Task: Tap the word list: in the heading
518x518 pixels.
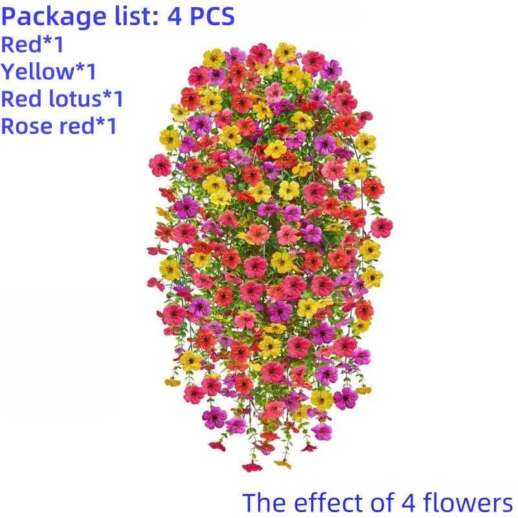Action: coord(128,16)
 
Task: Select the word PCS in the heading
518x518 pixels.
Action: coord(210,16)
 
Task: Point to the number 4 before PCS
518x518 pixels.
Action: coord(174,16)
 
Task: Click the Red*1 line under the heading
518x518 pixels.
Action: coord(32,45)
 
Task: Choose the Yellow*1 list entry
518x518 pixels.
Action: coord(49,72)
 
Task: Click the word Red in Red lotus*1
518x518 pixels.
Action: coord(21,99)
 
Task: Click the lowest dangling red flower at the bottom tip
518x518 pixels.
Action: coord(252,467)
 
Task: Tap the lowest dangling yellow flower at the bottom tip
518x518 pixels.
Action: coord(282,464)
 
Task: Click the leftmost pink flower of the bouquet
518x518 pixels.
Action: coord(159,165)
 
